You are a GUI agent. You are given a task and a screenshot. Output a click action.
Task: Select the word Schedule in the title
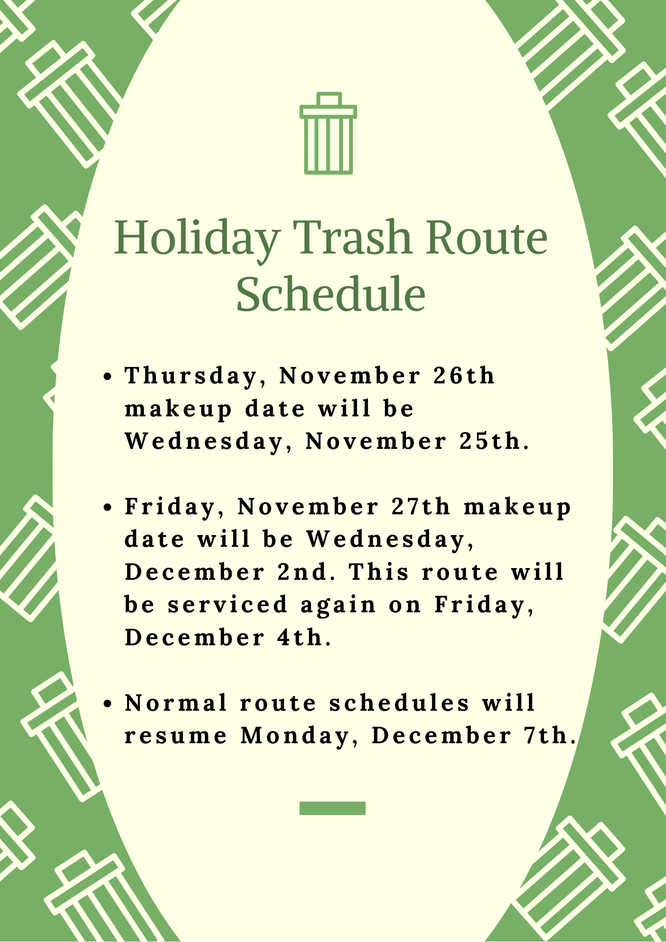click(x=331, y=294)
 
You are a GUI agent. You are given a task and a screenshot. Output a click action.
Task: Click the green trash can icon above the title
click(x=328, y=134)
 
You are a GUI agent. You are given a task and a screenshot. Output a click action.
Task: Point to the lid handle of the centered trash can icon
click(x=329, y=99)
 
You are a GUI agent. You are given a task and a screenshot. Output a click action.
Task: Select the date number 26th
click(x=464, y=376)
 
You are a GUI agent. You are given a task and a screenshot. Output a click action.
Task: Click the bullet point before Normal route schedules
click(x=108, y=704)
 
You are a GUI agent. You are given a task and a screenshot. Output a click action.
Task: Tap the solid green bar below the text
click(x=333, y=808)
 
